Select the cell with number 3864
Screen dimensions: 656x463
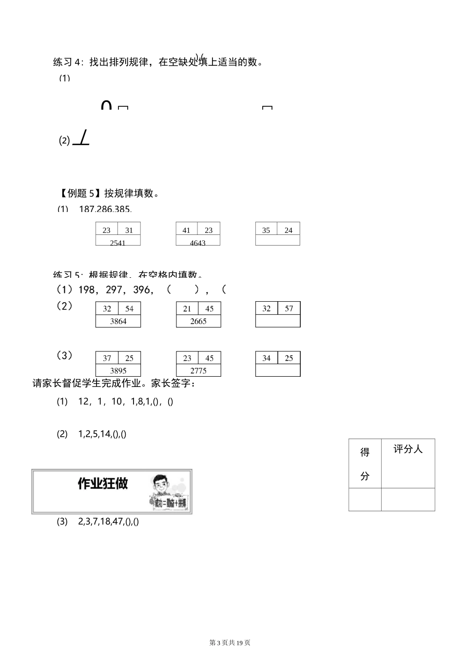tap(118, 321)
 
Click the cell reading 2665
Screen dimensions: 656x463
tap(198, 321)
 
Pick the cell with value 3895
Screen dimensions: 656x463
tap(118, 370)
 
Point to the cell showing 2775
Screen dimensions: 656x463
tap(198, 370)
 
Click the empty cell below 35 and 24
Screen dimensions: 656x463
tap(277, 240)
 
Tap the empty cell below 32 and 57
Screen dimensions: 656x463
tap(278, 321)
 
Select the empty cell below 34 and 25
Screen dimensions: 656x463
tap(278, 370)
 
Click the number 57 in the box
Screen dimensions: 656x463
tap(289, 309)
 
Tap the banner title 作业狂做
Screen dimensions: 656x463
tap(103, 483)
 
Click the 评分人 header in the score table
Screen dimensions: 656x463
tap(408, 449)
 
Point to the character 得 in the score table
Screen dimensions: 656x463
tap(365, 452)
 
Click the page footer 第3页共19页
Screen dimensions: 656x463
tap(230, 643)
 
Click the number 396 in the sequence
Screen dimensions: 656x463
tap(142, 290)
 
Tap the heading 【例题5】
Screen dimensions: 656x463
tap(78, 193)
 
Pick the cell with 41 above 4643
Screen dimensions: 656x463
tap(187, 230)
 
